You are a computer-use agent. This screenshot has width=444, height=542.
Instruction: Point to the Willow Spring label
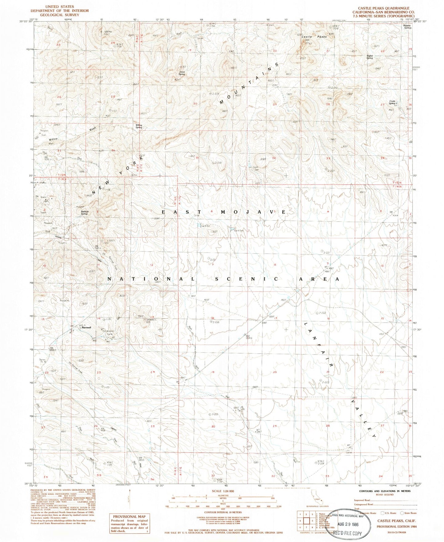pos(139,126)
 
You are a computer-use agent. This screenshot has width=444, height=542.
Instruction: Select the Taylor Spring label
pos(370,57)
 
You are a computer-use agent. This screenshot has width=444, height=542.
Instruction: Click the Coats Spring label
pos(392,102)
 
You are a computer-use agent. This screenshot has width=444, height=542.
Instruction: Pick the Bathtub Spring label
pos(84,212)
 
